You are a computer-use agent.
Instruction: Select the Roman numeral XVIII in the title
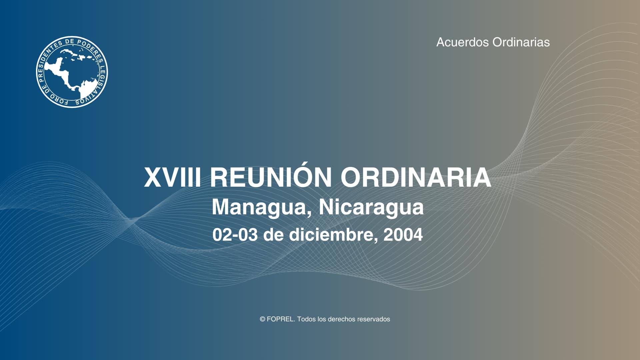(x=172, y=178)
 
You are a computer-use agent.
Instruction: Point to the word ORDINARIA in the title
(x=416, y=178)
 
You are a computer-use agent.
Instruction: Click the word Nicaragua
(x=371, y=207)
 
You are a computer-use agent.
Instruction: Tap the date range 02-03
(x=235, y=235)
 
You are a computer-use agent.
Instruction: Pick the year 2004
(x=403, y=235)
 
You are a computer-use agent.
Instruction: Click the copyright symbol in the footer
(x=262, y=319)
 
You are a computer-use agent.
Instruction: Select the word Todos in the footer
(x=306, y=319)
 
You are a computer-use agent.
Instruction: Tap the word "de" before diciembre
(x=273, y=235)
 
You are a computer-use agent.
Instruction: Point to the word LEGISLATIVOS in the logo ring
(x=99, y=85)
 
